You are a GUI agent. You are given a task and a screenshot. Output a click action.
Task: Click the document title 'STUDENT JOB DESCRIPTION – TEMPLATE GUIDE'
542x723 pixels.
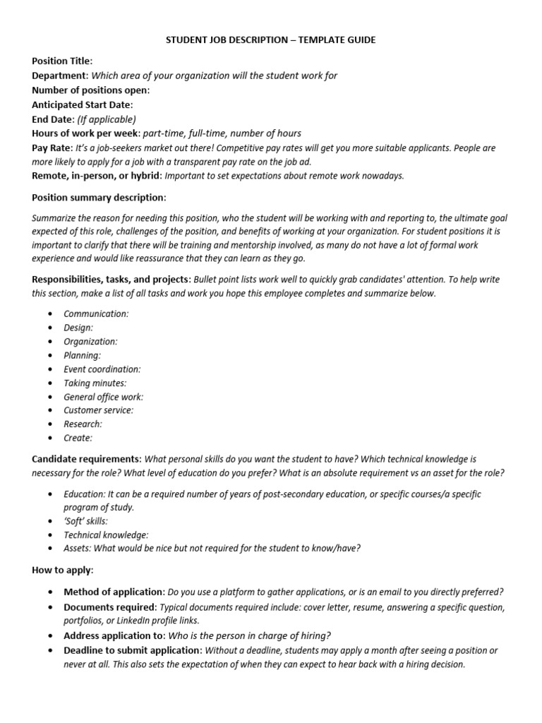point(271,40)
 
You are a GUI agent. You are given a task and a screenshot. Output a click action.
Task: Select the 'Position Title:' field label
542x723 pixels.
point(62,61)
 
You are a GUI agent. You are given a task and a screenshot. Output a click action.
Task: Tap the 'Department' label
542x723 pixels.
point(60,76)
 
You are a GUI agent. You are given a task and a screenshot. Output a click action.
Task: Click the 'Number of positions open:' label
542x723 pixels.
point(91,90)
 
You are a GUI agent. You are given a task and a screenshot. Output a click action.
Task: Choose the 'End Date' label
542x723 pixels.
point(53,119)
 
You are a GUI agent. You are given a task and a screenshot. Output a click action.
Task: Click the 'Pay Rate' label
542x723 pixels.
point(52,148)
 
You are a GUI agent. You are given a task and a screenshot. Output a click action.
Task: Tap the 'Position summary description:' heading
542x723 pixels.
point(99,198)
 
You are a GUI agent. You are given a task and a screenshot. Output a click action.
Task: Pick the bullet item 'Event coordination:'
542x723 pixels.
point(102,369)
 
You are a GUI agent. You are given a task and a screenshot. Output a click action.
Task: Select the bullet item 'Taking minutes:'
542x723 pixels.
point(95,383)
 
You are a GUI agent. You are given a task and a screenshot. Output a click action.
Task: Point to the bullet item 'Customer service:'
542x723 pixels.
point(98,410)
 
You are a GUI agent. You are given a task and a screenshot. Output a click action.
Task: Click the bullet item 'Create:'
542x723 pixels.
point(78,438)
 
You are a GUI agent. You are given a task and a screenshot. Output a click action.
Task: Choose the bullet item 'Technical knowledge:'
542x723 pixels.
point(106,534)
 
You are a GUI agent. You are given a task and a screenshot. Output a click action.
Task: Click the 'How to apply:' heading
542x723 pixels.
point(63,570)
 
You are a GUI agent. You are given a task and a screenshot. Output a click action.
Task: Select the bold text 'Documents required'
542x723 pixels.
point(109,607)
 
